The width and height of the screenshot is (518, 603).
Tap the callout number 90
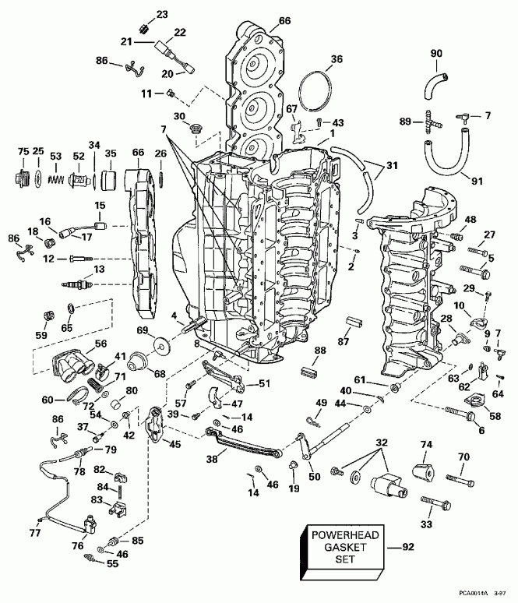coord(436,53)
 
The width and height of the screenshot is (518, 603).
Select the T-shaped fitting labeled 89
coord(429,121)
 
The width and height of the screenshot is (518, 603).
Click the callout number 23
coord(162,14)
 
